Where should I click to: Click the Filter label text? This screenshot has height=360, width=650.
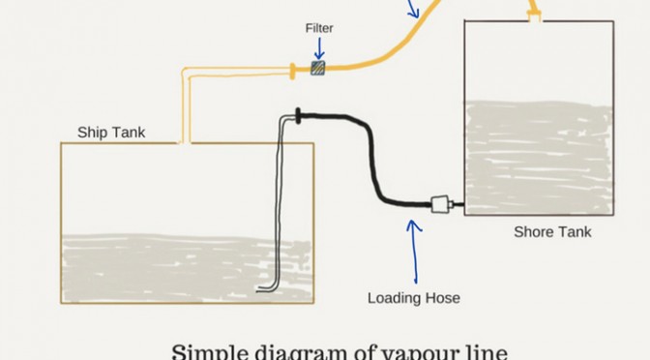[x=319, y=28]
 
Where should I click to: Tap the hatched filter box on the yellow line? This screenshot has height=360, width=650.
[x=318, y=68]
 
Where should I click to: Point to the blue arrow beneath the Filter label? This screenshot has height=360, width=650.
[x=319, y=48]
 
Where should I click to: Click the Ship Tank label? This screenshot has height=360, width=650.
[x=111, y=133]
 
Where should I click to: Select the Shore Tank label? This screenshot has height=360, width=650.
[x=552, y=232]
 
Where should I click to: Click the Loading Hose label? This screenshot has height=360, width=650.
[x=414, y=298]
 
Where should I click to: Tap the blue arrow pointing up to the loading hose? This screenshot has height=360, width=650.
[x=415, y=252]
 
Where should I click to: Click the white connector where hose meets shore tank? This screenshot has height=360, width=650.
[x=440, y=204]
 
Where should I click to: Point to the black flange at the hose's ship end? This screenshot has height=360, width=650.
[x=298, y=116]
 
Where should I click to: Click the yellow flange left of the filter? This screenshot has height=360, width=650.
[x=293, y=71]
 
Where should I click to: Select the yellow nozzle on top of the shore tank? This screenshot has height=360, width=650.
[x=534, y=12]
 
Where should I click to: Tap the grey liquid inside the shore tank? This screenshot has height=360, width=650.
[x=539, y=157]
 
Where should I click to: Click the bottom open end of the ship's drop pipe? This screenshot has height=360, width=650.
[x=258, y=290]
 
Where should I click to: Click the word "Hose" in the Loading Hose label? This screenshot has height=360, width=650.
[x=443, y=298]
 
